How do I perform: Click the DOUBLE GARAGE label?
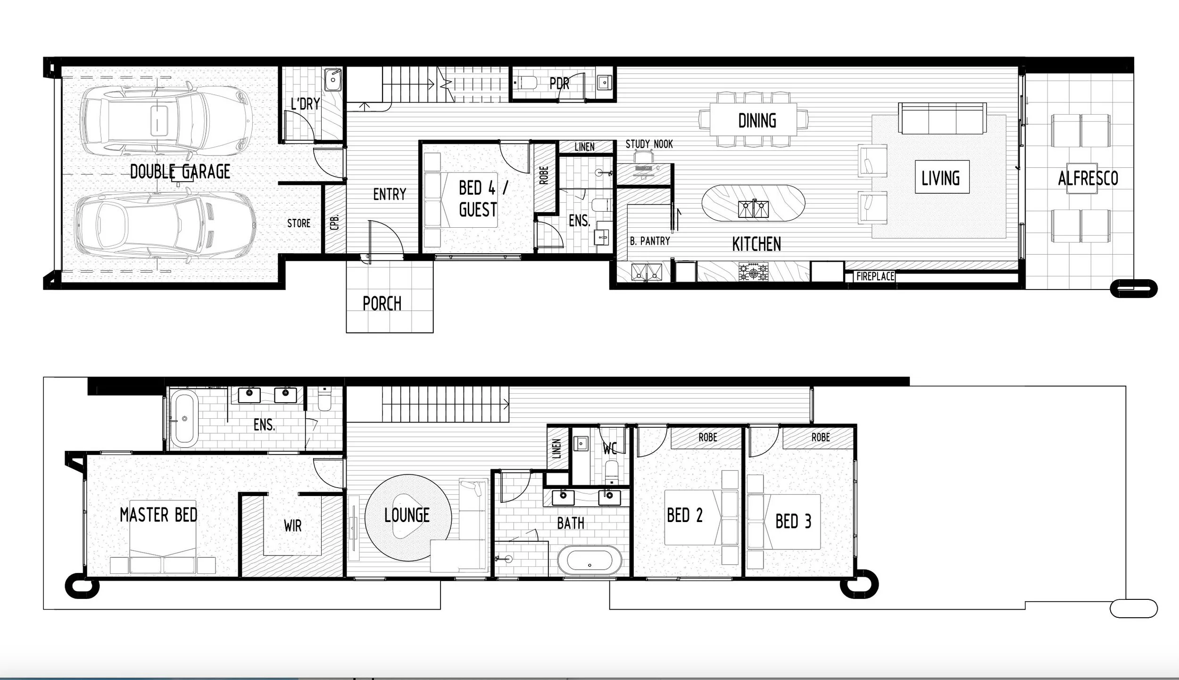point(180,172)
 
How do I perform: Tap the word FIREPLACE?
point(875,276)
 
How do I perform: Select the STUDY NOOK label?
point(649,144)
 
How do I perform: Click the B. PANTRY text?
point(650,241)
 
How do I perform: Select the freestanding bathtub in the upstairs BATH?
point(589,561)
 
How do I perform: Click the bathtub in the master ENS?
point(184,418)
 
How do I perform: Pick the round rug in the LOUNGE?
point(407,517)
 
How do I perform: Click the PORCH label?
point(382,304)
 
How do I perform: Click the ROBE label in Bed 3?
point(821,438)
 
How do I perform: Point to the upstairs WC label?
point(610,449)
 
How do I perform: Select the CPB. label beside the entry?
point(335,223)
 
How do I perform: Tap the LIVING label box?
point(941,178)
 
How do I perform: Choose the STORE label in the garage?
point(299,224)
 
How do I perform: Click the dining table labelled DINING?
point(754,120)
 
